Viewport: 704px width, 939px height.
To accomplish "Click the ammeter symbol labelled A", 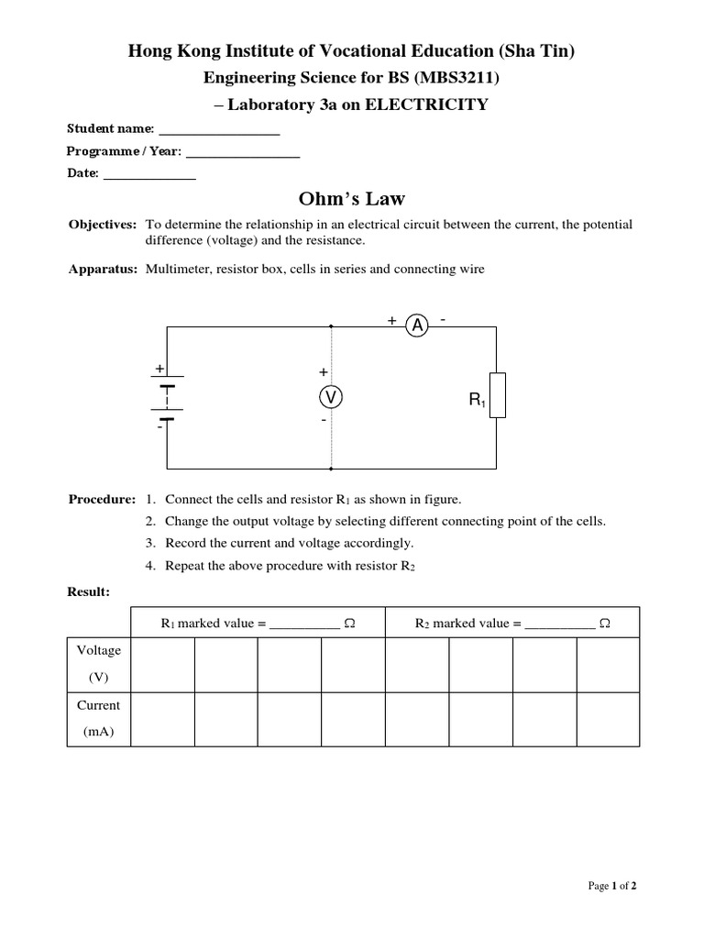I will (x=417, y=326).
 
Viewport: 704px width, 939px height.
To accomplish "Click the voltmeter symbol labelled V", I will (x=330, y=396).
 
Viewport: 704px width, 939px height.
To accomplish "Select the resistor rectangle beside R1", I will (x=496, y=395).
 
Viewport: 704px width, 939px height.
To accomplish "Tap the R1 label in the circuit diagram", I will (x=477, y=400).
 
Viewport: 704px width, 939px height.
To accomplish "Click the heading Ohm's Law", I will (x=352, y=199).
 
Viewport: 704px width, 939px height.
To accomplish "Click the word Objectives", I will (x=103, y=225).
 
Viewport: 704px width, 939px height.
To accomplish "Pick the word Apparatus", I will (x=103, y=270).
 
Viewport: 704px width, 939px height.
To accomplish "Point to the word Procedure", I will (x=102, y=500).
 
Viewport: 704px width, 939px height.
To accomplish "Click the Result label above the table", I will (x=89, y=592).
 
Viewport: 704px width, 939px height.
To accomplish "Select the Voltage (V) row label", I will (x=98, y=664).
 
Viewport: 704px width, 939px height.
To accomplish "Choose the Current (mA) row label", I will (x=98, y=719).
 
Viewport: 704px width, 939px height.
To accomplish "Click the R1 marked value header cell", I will (x=258, y=624).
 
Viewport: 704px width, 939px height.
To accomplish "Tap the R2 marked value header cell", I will (x=512, y=624).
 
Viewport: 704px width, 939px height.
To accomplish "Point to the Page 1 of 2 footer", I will (x=611, y=886).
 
